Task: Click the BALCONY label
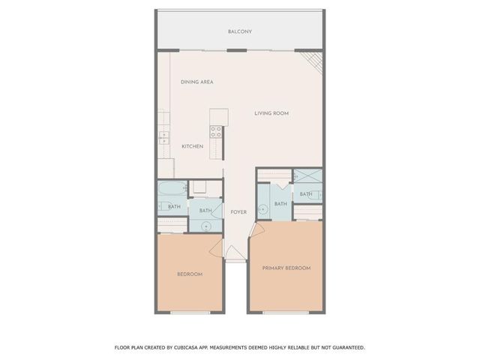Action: tap(240, 31)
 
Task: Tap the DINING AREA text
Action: tap(197, 82)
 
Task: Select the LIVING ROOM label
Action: tap(271, 113)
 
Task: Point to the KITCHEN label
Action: tap(193, 146)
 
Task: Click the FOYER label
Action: tap(238, 211)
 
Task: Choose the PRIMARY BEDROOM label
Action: tap(286, 268)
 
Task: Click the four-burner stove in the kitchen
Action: tap(215, 132)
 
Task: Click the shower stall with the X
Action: tap(307, 177)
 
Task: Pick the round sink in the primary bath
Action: tap(262, 209)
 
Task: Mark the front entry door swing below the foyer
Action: tap(235, 253)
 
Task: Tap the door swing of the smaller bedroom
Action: tap(215, 247)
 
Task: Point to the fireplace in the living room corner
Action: tap(312, 61)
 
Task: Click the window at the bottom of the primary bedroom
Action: tap(286, 312)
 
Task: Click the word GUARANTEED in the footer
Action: tap(346, 347)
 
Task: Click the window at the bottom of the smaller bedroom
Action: tap(190, 312)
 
